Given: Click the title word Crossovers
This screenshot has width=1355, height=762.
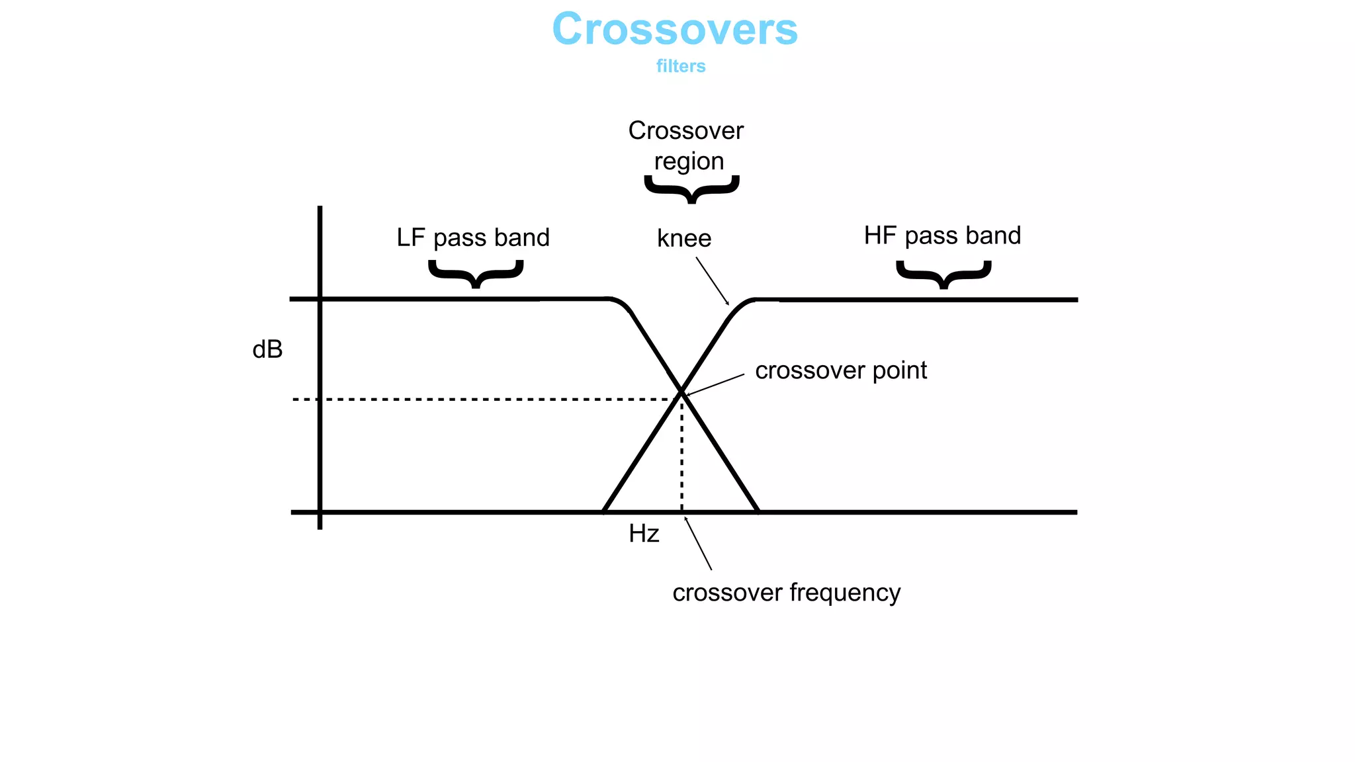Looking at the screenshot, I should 675,30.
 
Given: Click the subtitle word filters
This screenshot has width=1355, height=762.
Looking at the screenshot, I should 681,66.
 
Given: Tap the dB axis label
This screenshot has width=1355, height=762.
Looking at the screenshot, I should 267,349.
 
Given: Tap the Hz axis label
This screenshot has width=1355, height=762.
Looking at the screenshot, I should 644,534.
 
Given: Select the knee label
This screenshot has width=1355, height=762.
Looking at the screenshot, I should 684,238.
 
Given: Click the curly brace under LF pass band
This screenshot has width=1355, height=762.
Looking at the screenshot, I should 476,273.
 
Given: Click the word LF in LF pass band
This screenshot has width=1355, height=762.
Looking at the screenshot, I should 410,237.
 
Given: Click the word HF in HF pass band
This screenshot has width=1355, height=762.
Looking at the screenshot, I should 879,235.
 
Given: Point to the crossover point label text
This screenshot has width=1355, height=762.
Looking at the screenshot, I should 841,370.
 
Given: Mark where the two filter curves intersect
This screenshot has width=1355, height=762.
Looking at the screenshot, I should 681,392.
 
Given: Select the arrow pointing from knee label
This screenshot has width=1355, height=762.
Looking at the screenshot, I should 712,280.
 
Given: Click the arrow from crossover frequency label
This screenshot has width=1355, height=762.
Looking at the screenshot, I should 698,544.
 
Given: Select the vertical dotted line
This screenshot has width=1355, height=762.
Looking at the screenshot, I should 682,456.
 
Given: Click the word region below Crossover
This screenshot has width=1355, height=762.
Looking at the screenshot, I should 689,161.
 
